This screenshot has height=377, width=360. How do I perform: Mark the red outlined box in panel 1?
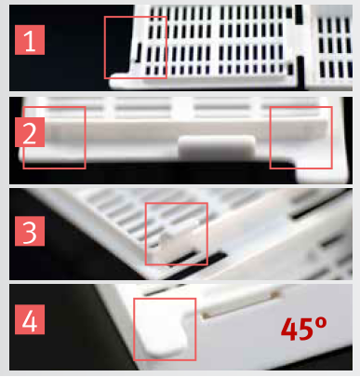pyautogui.click(x=136, y=47)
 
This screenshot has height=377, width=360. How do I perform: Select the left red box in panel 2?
pyautogui.click(x=54, y=138)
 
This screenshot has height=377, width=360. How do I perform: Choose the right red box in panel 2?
pyautogui.click(x=300, y=138)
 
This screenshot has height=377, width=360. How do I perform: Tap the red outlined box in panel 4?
pyautogui.click(x=165, y=329)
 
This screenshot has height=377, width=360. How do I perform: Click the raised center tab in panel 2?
pyautogui.click(x=217, y=146)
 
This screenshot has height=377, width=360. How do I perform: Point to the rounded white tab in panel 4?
pyautogui.click(x=159, y=330)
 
